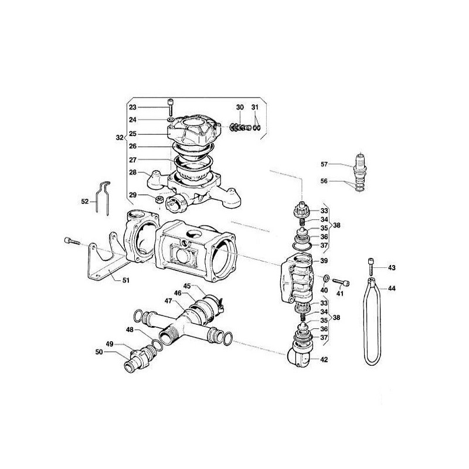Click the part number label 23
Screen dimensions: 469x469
click(132, 107)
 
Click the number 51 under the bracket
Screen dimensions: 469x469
click(125, 280)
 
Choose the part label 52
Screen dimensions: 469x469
click(85, 201)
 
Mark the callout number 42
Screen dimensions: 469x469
click(324, 359)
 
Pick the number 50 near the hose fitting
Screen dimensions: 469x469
click(99, 352)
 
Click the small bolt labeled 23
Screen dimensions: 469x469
click(171, 107)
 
